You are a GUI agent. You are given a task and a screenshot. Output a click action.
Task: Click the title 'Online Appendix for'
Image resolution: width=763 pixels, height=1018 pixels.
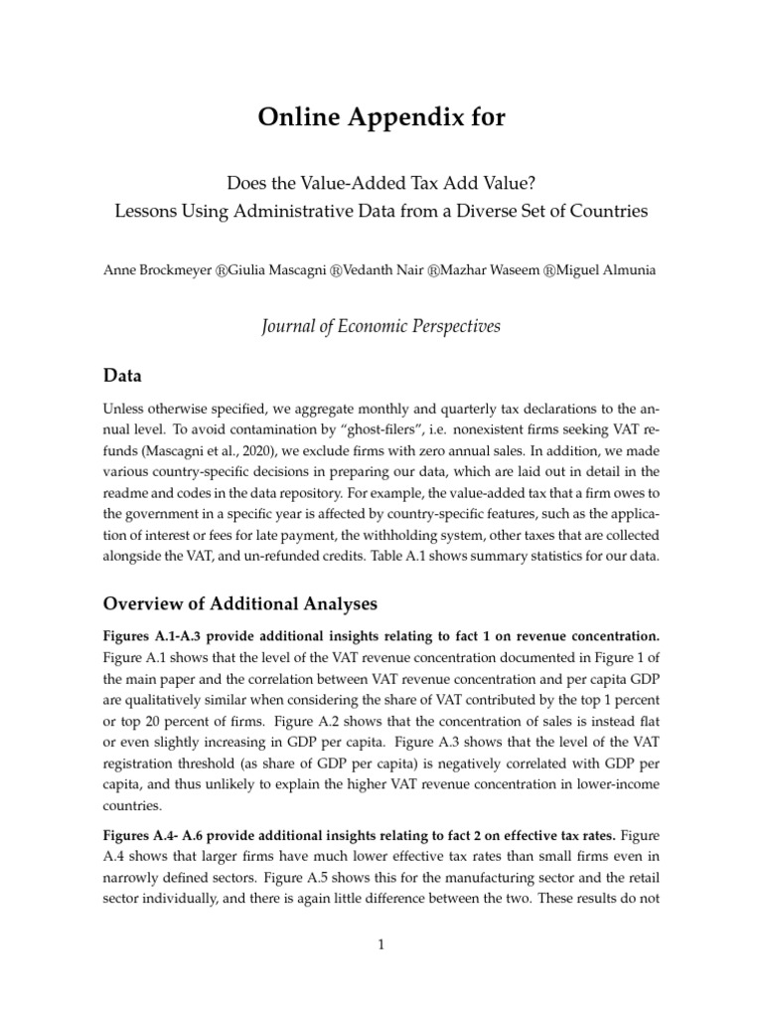click(x=381, y=117)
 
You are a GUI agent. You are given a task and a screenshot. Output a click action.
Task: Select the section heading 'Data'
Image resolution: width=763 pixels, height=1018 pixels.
click(x=122, y=377)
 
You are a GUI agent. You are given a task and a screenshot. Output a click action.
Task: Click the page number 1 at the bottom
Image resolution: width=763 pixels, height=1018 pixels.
click(x=381, y=945)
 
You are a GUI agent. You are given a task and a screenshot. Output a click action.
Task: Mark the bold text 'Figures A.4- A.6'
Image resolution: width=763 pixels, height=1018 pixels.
click(x=152, y=834)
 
